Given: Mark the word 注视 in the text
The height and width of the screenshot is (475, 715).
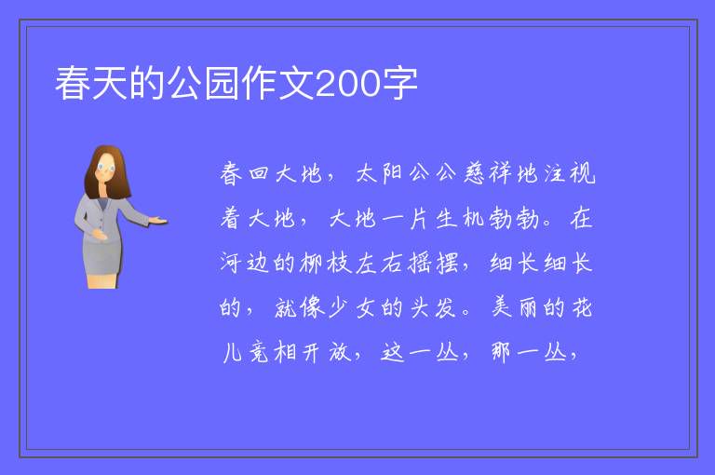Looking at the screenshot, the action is click(x=570, y=173).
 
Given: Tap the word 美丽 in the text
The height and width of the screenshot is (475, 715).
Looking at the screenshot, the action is click(x=514, y=307).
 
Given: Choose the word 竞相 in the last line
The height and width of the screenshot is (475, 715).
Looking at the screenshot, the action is click(x=272, y=352).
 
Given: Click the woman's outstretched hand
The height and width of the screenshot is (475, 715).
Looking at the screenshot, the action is click(x=158, y=221).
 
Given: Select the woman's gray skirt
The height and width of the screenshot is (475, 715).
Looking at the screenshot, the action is click(x=102, y=258).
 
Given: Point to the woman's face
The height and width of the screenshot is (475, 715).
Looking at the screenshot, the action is click(x=106, y=168).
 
